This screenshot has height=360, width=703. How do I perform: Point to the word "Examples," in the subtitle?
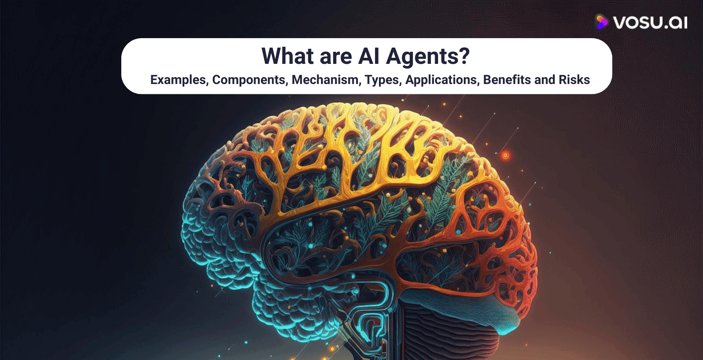tap(178, 80)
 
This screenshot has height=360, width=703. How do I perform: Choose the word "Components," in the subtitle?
tap(249, 80)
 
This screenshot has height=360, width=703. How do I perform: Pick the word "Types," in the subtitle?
tap(383, 80)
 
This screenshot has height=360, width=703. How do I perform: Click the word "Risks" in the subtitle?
tap(574, 80)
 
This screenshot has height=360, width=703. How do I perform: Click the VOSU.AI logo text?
tap(650, 22)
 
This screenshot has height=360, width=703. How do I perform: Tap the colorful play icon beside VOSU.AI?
tap(601, 21)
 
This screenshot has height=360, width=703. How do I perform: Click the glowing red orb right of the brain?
tap(505, 155)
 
